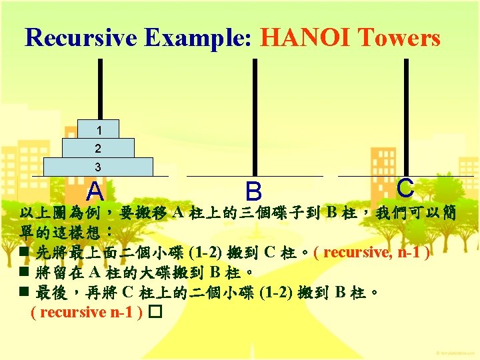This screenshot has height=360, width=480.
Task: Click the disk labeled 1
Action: [x=98, y=129]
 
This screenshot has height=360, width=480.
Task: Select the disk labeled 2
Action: [x=98, y=147]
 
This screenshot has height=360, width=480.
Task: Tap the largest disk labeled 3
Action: [x=98, y=167]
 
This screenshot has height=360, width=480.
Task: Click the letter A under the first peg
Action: [x=95, y=192]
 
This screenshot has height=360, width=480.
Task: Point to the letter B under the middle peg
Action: [x=253, y=192]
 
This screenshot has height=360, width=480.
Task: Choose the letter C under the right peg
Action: [x=405, y=188]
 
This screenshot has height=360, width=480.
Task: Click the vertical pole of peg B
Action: [x=254, y=113]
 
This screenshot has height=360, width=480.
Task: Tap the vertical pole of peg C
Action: [x=406, y=113]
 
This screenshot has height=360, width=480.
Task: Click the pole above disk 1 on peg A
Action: [x=100, y=87]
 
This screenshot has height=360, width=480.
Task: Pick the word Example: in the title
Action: [x=191, y=37]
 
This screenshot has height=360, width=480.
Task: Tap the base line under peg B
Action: [x=254, y=176]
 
